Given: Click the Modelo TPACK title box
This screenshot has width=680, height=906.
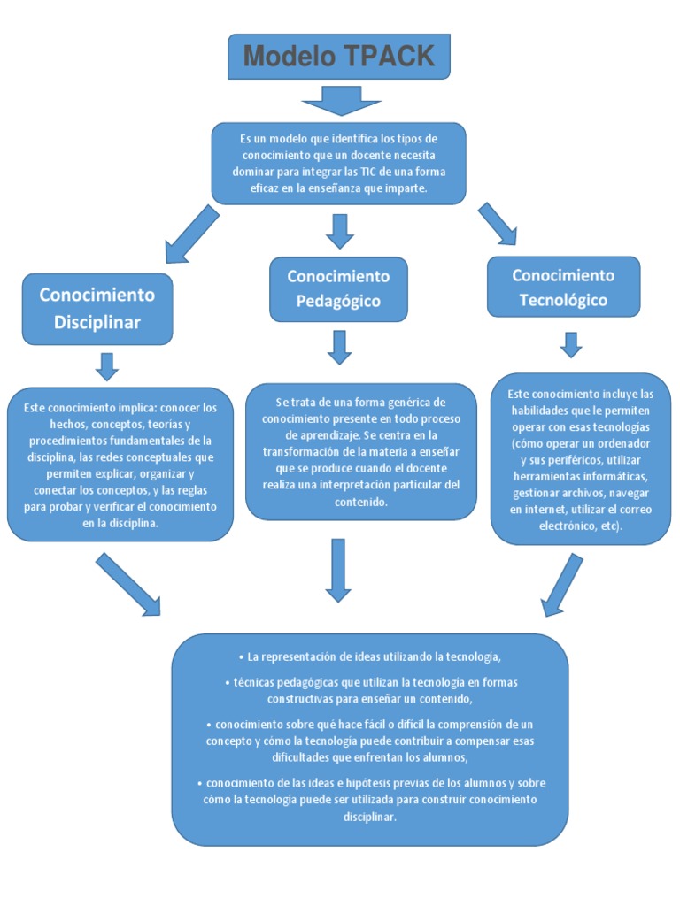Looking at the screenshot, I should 339,57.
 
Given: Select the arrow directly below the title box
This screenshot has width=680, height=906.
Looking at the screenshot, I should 339,100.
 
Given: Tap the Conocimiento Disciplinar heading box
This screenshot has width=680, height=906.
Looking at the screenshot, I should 97,308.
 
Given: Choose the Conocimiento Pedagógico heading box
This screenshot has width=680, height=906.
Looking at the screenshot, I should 338,288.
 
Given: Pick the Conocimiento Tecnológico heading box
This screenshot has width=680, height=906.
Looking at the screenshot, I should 563,288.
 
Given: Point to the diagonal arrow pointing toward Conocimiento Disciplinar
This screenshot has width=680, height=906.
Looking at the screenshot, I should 190,234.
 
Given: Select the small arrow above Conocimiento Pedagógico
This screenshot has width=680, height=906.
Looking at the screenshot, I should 339,230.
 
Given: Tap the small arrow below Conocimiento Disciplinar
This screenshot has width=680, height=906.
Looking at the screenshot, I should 107,366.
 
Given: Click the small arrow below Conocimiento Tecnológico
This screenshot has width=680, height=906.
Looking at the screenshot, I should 571,345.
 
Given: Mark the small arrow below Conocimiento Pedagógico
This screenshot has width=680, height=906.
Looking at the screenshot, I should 339,347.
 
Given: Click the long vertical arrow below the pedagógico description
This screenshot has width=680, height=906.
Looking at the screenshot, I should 338,570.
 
